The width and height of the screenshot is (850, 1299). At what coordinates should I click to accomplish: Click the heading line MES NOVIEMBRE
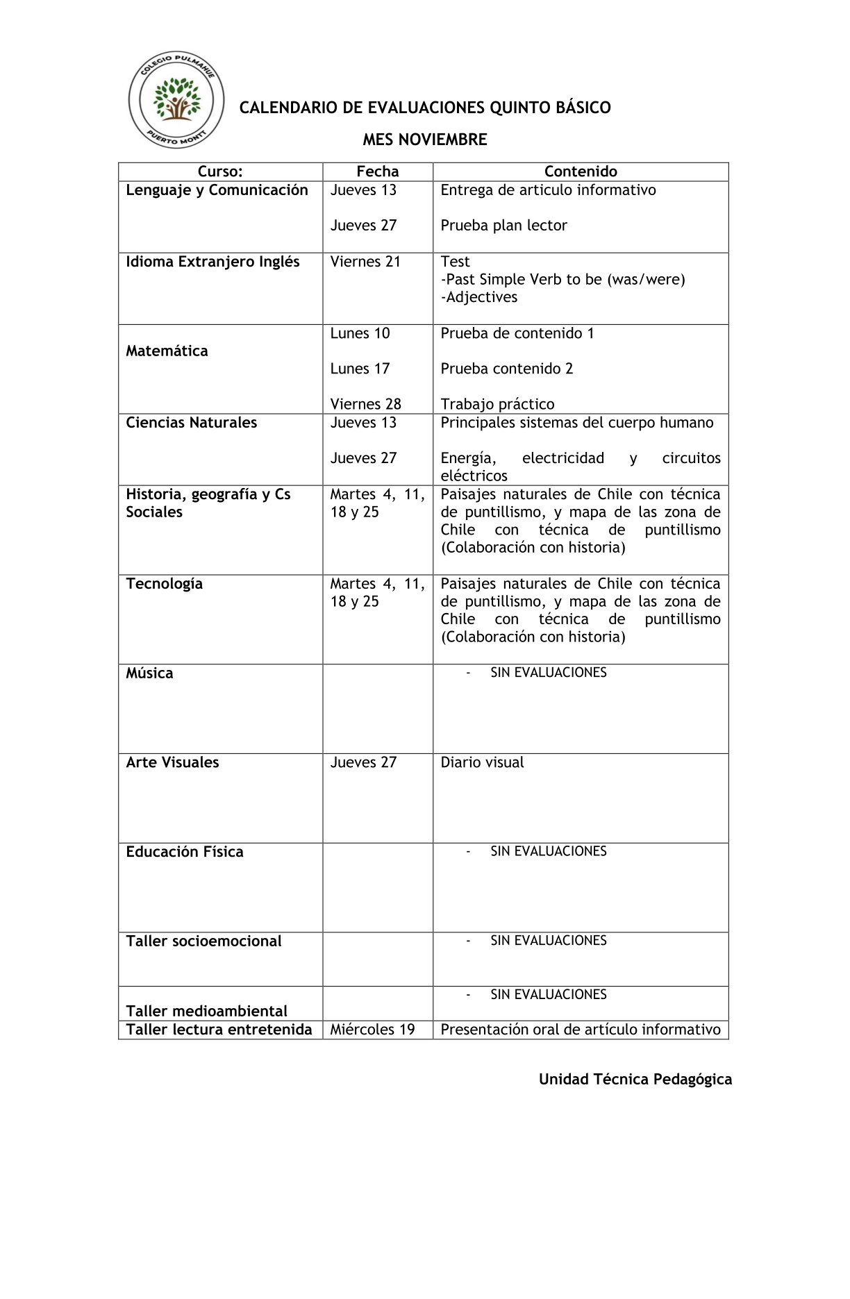424,140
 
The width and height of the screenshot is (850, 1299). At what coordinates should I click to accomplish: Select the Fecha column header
378,171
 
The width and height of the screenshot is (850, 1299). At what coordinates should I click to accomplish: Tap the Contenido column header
581,171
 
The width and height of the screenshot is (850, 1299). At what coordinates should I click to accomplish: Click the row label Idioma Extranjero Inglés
212,262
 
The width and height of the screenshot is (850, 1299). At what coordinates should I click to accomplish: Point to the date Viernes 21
365,262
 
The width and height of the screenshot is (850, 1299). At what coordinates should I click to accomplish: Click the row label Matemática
167,351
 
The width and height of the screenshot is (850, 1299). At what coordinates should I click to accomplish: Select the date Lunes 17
360,369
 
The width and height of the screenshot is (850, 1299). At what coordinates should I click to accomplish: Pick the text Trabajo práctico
497,404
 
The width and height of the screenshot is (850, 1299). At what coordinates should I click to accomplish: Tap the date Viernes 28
365,404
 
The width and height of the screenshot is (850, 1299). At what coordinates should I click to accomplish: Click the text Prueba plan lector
503,226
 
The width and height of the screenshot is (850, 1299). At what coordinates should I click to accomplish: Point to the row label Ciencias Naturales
191,423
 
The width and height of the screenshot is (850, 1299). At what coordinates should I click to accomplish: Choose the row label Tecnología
164,584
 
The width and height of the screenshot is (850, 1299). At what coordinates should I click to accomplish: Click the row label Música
149,673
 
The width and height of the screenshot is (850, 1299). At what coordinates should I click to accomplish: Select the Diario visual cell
482,762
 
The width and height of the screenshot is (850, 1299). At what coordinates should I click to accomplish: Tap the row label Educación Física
184,852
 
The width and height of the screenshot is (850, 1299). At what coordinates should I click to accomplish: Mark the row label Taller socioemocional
203,941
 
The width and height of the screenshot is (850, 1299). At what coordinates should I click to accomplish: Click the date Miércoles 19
372,1030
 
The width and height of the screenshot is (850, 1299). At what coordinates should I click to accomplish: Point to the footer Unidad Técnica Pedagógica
635,1080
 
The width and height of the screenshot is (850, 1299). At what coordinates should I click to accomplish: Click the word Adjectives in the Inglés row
481,297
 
